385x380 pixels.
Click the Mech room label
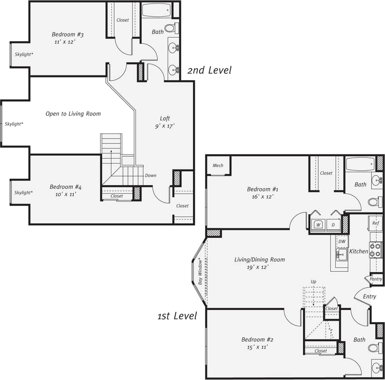(218, 165)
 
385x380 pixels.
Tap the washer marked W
(318, 225)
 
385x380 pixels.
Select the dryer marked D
(333, 225)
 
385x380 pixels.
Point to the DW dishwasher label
(342, 241)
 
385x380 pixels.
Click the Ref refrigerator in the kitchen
(375, 223)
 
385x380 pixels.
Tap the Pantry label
(376, 279)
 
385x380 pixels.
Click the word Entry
(369, 296)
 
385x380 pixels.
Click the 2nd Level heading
(209, 70)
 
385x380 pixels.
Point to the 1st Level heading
(177, 316)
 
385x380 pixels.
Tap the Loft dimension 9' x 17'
(165, 126)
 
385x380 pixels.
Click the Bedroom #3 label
(67, 34)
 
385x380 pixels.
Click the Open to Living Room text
(73, 114)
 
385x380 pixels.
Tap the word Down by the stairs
(151, 175)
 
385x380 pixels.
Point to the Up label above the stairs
(314, 282)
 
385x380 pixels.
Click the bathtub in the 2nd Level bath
(156, 10)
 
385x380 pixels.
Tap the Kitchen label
(359, 251)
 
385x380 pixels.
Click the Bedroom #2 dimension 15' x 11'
(257, 347)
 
